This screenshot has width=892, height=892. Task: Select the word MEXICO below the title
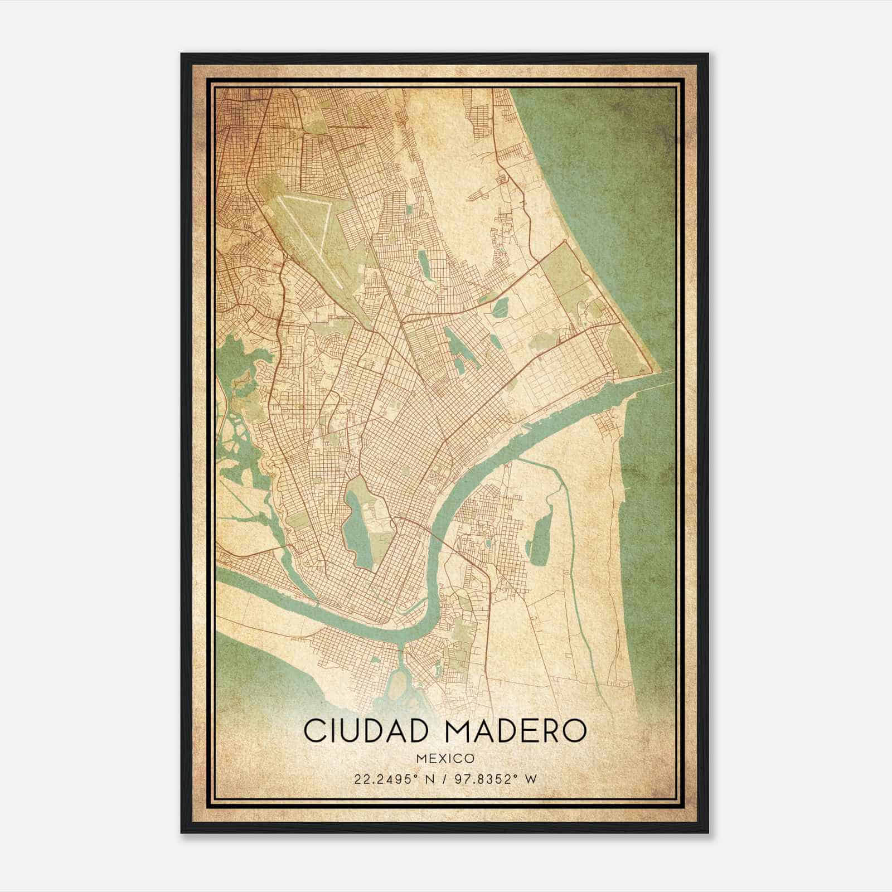[x=444, y=759]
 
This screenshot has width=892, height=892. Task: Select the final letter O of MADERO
[x=576, y=731]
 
